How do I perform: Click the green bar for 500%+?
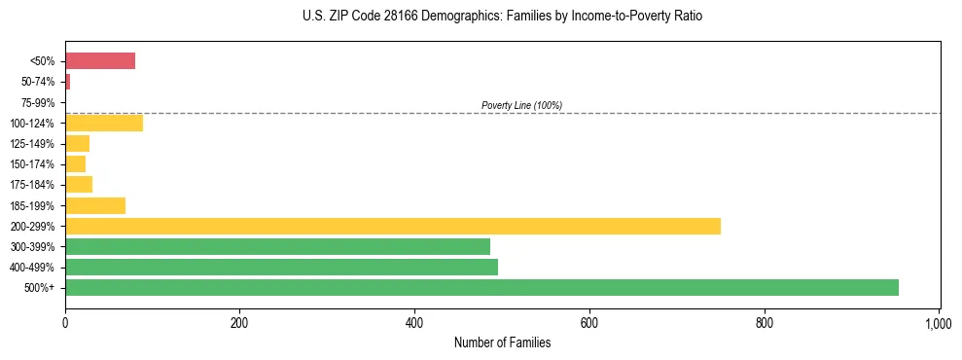[481, 288]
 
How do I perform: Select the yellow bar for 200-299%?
[393, 226]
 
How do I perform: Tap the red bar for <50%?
[100, 61]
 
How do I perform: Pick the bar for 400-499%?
[281, 268]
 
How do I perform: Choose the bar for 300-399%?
[277, 246]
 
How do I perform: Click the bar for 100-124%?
[104, 123]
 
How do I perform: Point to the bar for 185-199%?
[95, 205]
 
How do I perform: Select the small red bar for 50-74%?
[67, 82]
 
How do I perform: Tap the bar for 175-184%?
[79, 185]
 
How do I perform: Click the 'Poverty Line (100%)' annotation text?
[521, 105]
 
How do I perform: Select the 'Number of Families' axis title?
[502, 342]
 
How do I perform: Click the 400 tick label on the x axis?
[414, 323]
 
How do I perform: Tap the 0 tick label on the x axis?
[65, 323]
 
